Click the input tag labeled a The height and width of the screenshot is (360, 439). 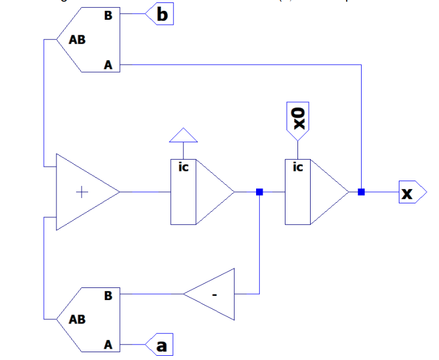click(160, 345)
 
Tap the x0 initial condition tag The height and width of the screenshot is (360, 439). click(298, 120)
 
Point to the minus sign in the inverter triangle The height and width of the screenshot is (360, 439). click(214, 295)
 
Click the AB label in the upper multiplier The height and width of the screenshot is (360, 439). click(77, 40)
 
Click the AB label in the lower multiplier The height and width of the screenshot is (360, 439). click(77, 319)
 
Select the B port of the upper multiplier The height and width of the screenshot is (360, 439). click(108, 16)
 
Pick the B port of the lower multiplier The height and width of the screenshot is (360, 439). click(108, 295)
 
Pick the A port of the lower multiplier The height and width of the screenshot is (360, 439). click(108, 345)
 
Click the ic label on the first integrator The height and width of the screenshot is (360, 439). click(184, 167)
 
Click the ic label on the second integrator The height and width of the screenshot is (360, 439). click(297, 167)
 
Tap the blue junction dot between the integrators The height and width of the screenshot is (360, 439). click(259, 192)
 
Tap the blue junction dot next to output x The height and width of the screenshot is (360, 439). click(361, 192)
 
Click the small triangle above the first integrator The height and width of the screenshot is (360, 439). click(183, 136)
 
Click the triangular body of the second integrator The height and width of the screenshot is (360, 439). click(327, 192)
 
